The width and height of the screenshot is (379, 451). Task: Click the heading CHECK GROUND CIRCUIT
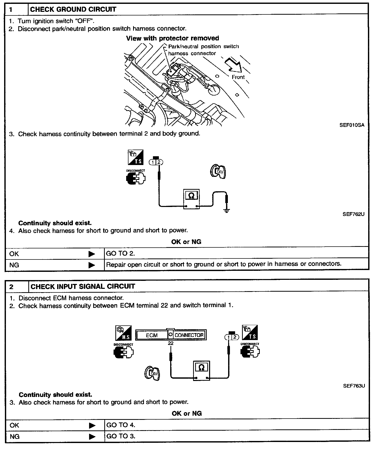pos(73,10)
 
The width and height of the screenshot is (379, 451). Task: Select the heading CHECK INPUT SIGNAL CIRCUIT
pos(83,287)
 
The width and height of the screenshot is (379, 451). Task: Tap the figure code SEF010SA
pos(352,125)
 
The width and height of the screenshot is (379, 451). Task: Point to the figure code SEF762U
pos(353,214)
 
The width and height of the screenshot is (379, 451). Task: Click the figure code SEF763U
pos(354,386)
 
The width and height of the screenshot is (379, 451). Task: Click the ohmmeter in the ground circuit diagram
pos(191,199)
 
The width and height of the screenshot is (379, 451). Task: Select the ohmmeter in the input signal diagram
pos(202,370)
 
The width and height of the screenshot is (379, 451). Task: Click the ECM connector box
pos(171,335)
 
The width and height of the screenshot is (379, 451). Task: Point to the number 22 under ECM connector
pos(170,343)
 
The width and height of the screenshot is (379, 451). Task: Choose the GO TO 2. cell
pos(120,254)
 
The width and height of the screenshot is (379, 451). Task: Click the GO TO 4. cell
pos(120,425)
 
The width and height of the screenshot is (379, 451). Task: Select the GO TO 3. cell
pos(120,436)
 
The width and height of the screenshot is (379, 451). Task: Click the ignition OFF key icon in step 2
pos(152,373)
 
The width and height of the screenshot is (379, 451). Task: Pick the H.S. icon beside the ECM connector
pos(123,333)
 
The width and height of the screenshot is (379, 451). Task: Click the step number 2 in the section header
pos(11,287)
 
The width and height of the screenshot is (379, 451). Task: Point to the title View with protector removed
pos(173,38)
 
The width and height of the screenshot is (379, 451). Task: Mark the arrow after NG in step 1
pos(92,265)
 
